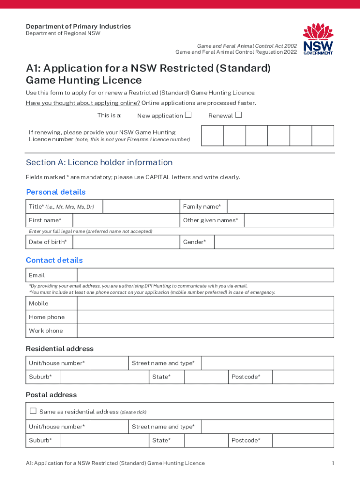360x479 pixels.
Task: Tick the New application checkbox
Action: point(188,115)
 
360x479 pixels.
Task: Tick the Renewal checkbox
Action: point(238,115)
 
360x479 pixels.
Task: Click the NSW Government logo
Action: point(318,39)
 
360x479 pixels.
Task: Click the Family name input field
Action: point(280,207)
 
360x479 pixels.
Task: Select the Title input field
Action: point(141,207)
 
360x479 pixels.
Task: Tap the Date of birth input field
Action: point(126,242)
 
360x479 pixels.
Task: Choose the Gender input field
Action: point(274,242)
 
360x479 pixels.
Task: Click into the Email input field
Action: point(205,275)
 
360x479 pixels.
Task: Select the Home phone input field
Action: point(205,317)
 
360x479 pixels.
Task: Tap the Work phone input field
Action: point(205,331)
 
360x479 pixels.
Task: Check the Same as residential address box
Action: point(33,411)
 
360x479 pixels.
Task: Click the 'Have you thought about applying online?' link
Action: point(83,103)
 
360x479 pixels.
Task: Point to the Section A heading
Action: point(99,162)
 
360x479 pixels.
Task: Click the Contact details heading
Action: point(54,260)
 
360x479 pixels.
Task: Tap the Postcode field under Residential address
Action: point(303,377)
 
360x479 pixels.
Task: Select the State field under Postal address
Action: point(206,440)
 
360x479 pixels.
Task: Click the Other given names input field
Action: point(288,220)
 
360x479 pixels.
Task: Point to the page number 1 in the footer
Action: point(333,463)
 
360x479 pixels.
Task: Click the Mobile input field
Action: point(205,304)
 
